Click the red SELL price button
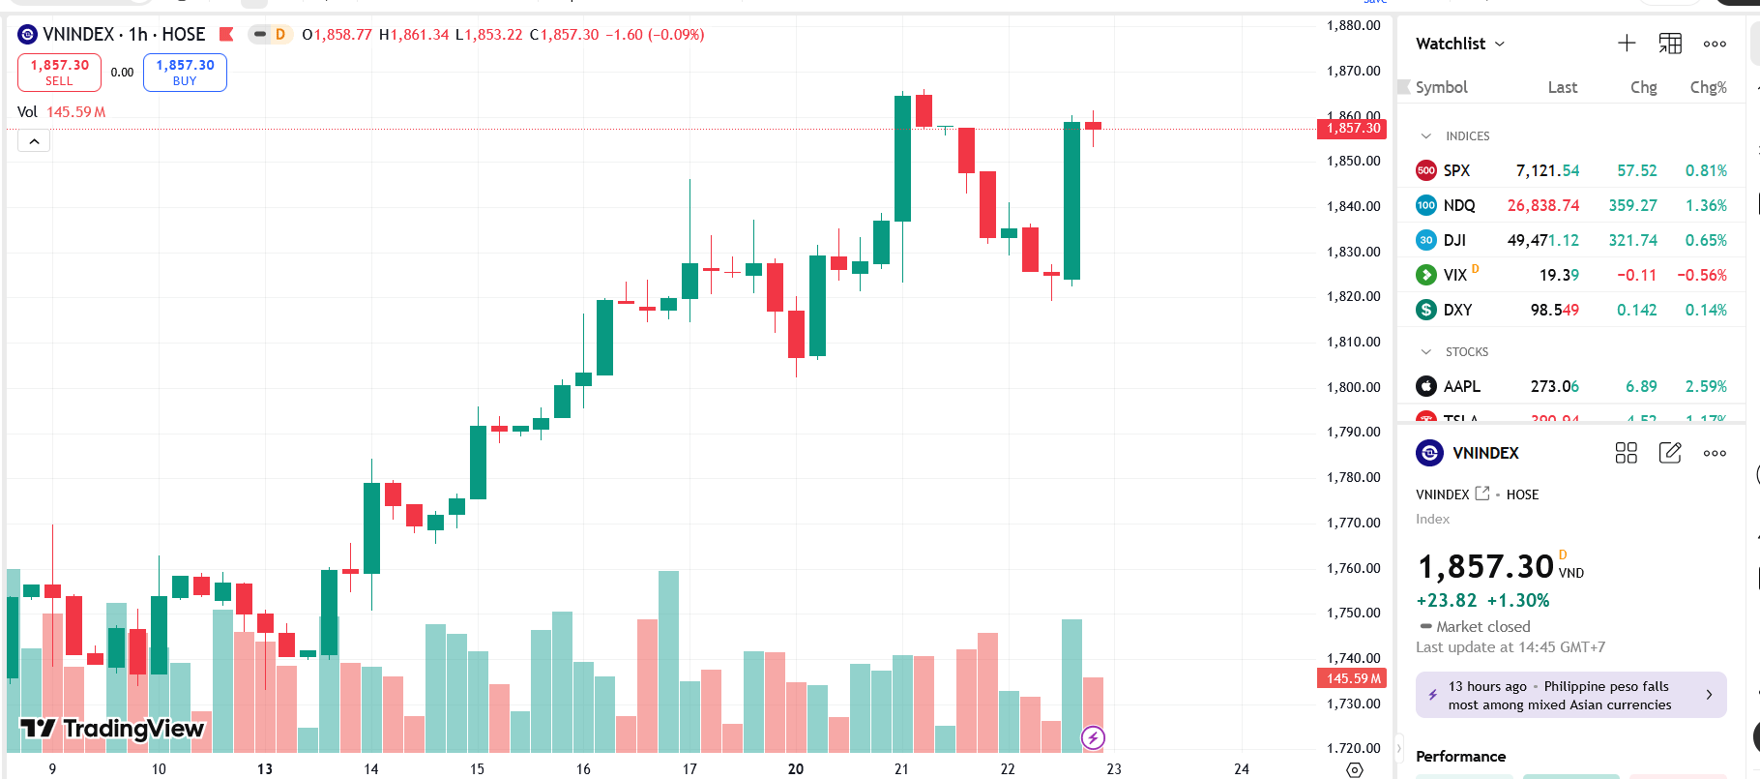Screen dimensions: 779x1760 (x=59, y=73)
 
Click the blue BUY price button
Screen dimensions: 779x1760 (x=185, y=73)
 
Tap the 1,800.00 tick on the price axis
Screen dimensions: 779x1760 (x=1353, y=387)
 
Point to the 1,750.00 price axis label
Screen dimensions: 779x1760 (x=1353, y=613)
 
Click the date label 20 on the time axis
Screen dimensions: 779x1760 (x=795, y=768)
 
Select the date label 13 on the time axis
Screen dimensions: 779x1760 (x=264, y=768)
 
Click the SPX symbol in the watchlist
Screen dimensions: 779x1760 (x=1456, y=170)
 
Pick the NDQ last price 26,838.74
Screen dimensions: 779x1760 (x=1542, y=205)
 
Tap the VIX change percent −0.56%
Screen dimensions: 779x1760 (x=1701, y=275)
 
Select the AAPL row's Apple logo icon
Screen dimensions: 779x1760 (x=1426, y=386)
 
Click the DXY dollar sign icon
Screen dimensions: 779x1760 (x=1426, y=310)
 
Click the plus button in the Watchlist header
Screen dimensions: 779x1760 (x=1627, y=44)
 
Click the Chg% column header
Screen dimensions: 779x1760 (x=1708, y=87)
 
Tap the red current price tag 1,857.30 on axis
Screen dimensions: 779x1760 (x=1352, y=129)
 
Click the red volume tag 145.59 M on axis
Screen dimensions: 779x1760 (x=1352, y=678)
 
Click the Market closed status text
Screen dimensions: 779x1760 (x=1482, y=627)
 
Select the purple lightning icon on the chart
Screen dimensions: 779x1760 (x=1093, y=738)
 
